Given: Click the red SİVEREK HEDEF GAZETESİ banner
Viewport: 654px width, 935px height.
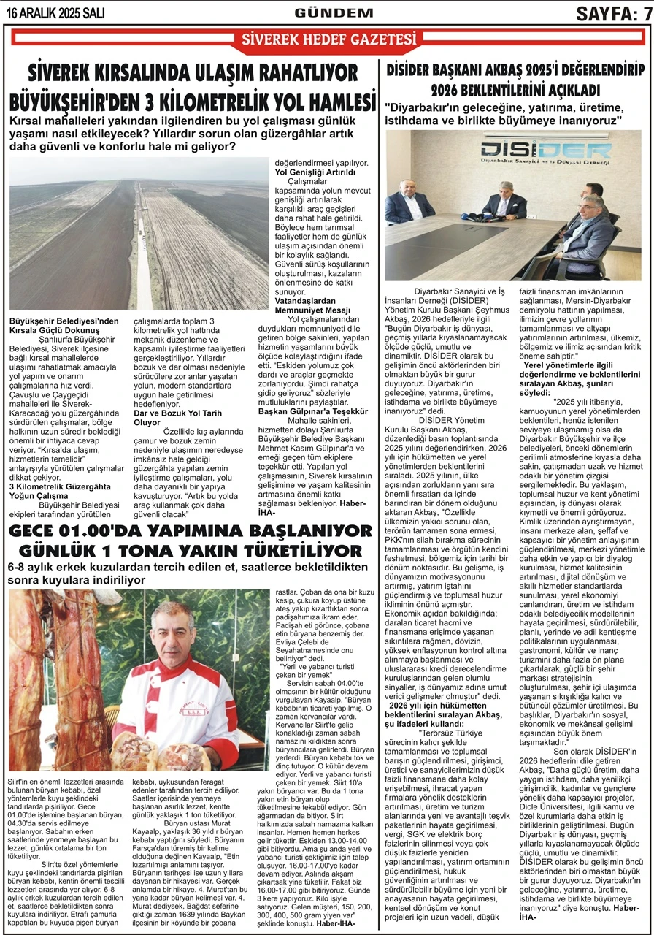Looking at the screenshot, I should (323, 39).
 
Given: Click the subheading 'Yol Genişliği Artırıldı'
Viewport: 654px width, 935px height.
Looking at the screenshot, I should (315, 172).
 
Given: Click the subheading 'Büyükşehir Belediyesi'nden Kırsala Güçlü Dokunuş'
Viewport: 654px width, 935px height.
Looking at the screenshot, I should (64, 325).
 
